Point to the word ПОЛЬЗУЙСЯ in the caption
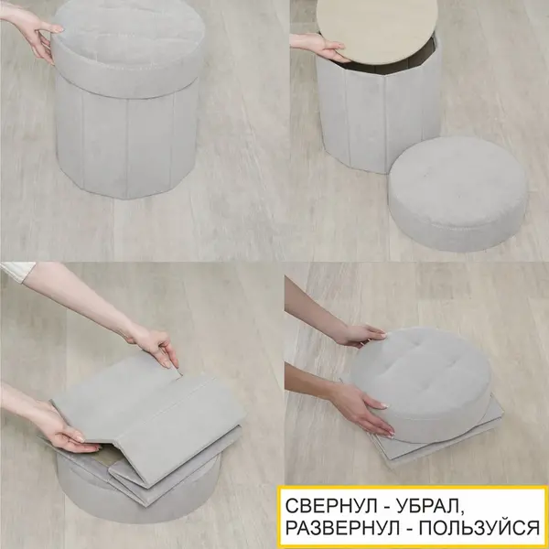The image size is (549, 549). (479, 528)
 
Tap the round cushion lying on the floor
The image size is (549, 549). (458, 194)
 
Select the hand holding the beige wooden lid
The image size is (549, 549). (320, 47)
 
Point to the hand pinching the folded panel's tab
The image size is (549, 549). (154, 345)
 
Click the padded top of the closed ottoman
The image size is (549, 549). (128, 49)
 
